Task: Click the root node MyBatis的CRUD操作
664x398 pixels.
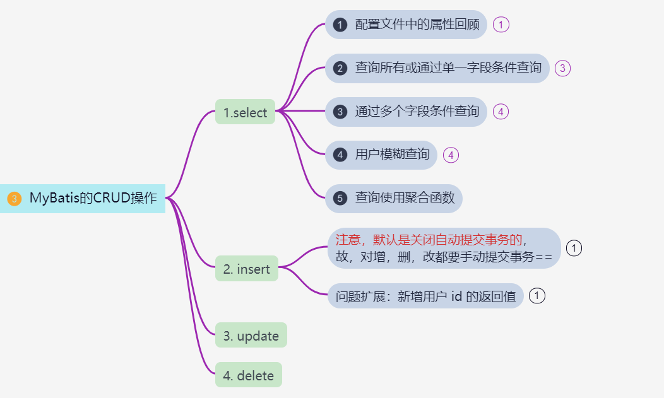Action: pos(92,198)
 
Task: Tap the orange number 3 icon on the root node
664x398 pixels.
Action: pos(15,199)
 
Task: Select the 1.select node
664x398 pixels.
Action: pos(245,112)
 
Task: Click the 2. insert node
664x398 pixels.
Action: pos(246,269)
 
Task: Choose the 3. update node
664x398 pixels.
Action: pos(251,336)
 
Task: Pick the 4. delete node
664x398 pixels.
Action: pos(248,375)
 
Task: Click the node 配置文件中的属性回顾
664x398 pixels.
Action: pos(417,25)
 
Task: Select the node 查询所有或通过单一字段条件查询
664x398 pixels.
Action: pos(448,68)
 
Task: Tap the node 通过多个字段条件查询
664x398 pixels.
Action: pos(417,112)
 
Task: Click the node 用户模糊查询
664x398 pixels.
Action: pos(391,155)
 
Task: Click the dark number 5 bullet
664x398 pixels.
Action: pos(340,198)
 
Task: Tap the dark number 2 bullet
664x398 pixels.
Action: pos(340,68)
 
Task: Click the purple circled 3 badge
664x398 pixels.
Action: pos(562,68)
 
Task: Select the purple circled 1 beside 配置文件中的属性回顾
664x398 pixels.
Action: pos(501,25)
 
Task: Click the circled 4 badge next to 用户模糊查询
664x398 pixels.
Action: pos(451,155)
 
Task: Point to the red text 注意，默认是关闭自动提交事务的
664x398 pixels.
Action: pos(429,240)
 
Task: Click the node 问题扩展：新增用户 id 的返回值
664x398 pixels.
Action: pos(425,295)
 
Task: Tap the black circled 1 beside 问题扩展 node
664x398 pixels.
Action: pos(537,295)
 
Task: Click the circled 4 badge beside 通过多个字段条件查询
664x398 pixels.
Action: pos(500,112)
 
